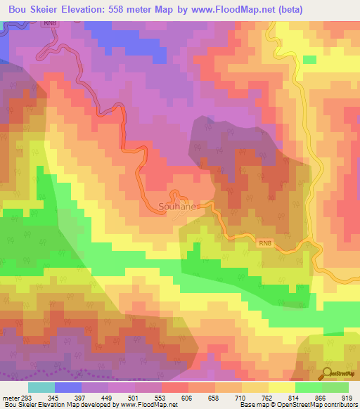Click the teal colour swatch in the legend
[41, 388]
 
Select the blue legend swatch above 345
[68, 388]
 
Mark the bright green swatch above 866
[308, 388]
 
